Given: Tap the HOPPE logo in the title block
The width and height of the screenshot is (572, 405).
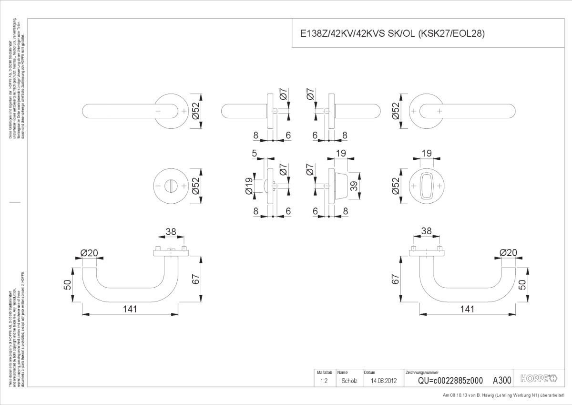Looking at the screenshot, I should [539, 379].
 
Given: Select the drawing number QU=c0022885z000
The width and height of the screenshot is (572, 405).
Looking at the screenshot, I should [450, 381].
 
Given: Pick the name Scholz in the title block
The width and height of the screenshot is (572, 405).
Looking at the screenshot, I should [349, 381].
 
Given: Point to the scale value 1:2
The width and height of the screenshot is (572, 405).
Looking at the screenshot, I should [324, 381].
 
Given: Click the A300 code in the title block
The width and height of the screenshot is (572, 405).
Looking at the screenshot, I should [502, 380].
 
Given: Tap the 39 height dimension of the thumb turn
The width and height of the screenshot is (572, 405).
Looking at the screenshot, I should [354, 186].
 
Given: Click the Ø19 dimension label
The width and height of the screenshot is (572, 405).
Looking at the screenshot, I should [249, 186].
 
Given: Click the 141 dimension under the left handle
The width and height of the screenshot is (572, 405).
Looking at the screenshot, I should [129, 309].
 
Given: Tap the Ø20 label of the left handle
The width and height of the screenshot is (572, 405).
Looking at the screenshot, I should [89, 253].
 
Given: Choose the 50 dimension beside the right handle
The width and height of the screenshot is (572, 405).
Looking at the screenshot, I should [522, 285].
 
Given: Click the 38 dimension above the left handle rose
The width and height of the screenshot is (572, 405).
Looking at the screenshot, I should [171, 232].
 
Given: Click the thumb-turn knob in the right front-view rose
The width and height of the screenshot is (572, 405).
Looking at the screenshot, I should [426, 187].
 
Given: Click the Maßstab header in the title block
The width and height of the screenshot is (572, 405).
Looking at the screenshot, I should [321, 372].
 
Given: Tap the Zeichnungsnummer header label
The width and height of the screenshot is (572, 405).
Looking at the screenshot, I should [422, 372].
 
